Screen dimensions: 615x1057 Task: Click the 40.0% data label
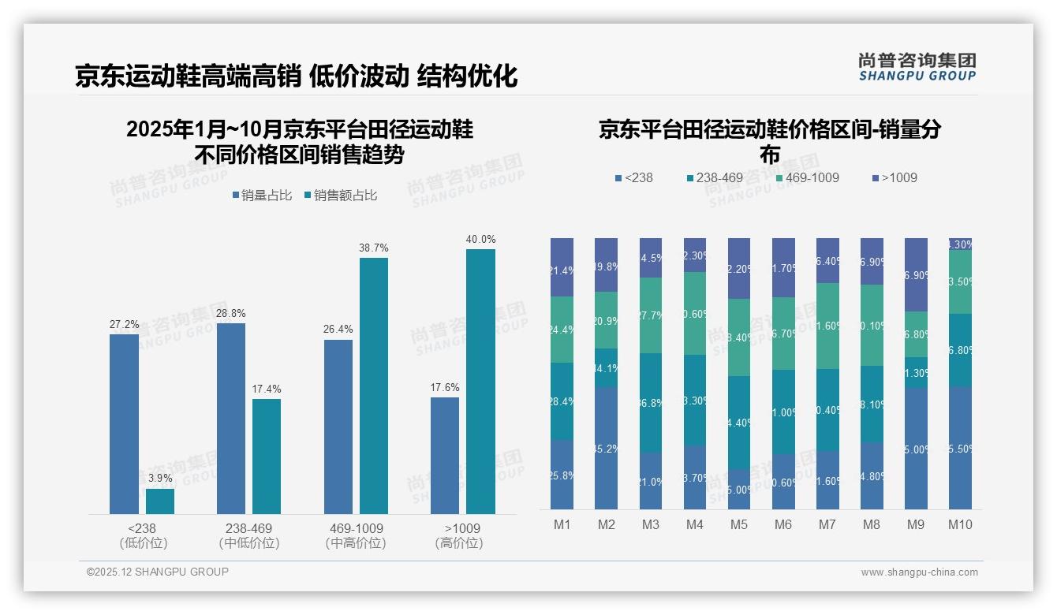click(x=480, y=239)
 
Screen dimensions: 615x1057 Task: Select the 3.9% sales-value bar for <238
click(x=160, y=501)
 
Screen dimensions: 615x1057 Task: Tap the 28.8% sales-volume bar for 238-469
click(x=230, y=419)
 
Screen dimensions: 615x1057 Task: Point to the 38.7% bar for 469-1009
click(x=374, y=386)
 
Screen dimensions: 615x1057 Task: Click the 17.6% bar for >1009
click(x=445, y=456)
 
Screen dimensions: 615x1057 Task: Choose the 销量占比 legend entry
click(x=263, y=196)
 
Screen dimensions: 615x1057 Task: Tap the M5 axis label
click(x=739, y=525)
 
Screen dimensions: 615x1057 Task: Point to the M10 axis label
click(x=960, y=525)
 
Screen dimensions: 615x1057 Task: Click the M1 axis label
click(x=562, y=525)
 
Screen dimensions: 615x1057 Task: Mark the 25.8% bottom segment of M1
click(x=562, y=475)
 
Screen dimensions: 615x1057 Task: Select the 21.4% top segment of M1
click(x=562, y=267)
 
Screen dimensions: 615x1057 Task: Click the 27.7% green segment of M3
click(x=651, y=315)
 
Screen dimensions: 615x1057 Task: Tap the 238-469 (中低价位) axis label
click(x=249, y=535)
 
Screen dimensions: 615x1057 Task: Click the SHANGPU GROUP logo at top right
click(x=917, y=67)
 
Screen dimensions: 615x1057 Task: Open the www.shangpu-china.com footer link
click(x=919, y=572)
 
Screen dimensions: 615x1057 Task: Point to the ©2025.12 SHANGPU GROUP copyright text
click(x=158, y=572)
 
